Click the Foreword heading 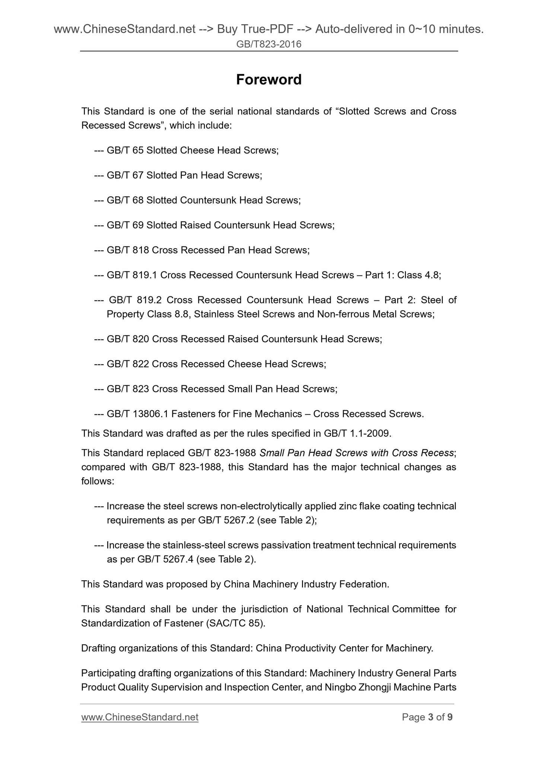269,80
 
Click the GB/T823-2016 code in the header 269,45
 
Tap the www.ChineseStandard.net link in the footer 140,717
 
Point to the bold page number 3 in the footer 431,717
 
